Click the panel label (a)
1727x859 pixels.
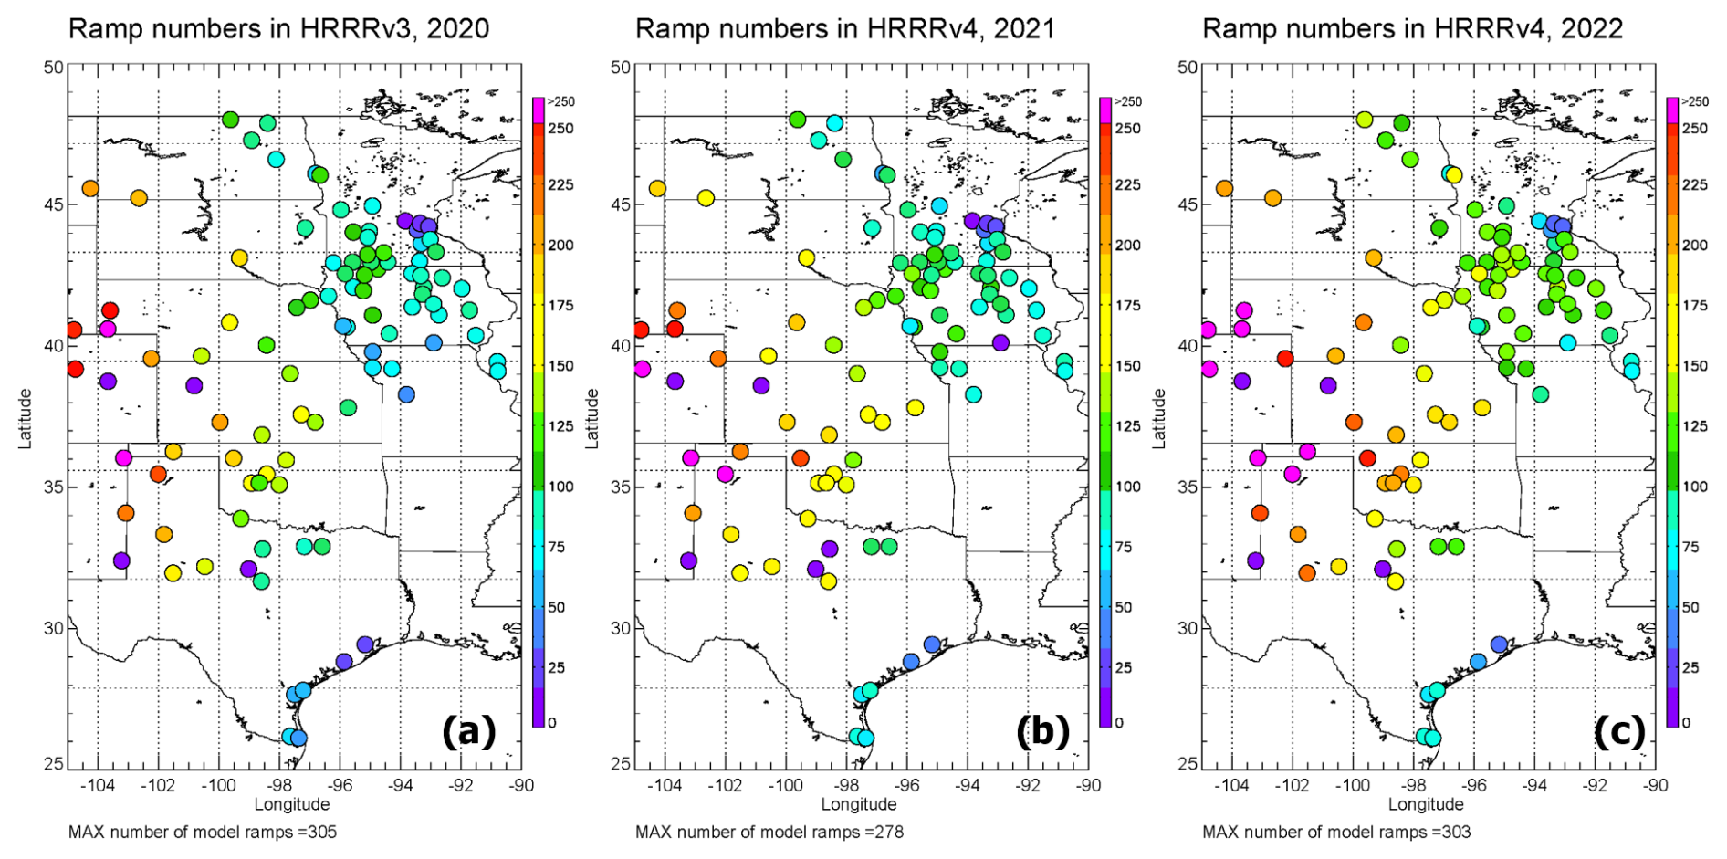[x=469, y=731]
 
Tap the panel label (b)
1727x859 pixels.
[x=1042, y=731]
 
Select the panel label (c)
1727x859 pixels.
[x=1619, y=731]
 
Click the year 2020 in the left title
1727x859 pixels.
[x=457, y=28]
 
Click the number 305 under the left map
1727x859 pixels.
[x=323, y=832]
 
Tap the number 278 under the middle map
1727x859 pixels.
[x=890, y=832]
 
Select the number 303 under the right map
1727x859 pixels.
[x=1457, y=832]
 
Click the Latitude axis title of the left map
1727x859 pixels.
[x=25, y=418]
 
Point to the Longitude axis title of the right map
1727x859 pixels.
[x=1426, y=804]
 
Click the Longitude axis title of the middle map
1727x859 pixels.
[x=859, y=804]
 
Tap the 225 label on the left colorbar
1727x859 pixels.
[x=561, y=184]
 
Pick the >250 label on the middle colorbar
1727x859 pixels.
[x=1128, y=101]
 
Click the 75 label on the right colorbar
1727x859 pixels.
[x=1690, y=547]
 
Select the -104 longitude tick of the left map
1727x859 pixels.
[x=97, y=785]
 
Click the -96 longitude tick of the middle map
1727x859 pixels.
[x=906, y=785]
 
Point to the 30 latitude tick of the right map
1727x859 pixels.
[x=1187, y=628]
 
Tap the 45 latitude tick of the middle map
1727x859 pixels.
[x=620, y=204]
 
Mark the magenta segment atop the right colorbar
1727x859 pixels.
[x=1672, y=110]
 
